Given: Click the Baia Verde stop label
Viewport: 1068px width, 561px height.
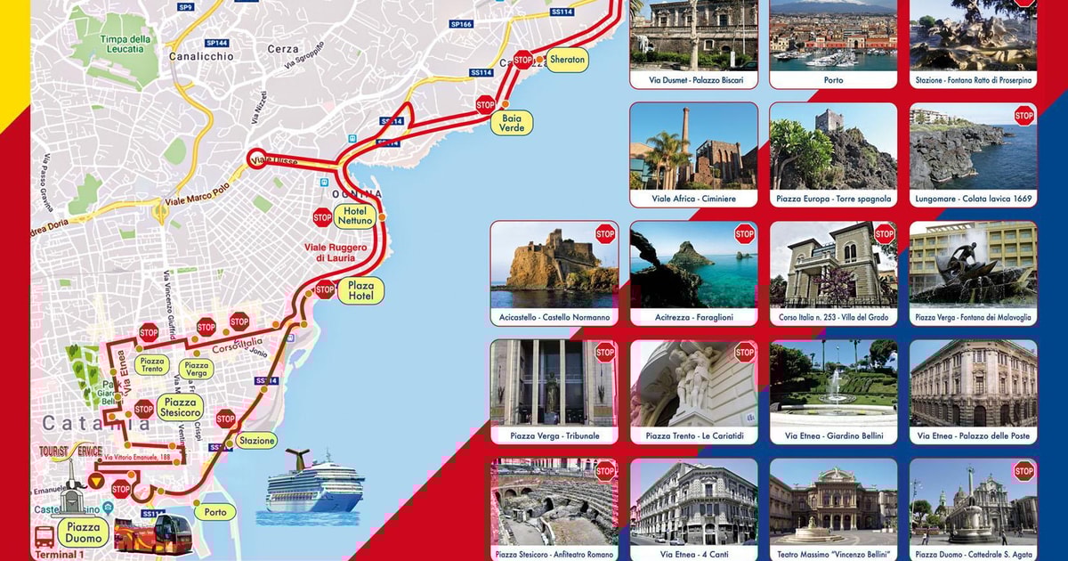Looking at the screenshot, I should (512, 123).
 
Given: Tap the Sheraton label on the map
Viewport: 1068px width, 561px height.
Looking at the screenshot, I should (567, 60).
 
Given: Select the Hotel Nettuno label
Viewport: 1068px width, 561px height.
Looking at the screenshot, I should (354, 215).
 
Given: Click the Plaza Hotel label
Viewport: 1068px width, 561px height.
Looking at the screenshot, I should (360, 290).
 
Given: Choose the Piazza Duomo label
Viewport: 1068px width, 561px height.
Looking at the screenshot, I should (85, 533).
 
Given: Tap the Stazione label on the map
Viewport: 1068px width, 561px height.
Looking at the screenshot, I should (256, 440).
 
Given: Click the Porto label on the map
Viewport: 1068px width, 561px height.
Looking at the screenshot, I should (215, 512).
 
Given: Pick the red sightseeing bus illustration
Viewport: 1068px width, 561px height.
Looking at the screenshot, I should (153, 533).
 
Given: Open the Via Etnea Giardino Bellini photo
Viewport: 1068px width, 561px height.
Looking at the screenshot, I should (833, 383).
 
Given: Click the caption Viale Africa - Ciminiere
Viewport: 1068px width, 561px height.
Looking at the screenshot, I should (693, 199).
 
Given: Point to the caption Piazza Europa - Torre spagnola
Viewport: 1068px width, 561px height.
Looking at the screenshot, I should (833, 199).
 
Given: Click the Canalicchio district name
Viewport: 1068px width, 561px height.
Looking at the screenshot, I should (201, 56).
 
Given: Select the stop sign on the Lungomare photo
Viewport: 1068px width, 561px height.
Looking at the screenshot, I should (1023, 116).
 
